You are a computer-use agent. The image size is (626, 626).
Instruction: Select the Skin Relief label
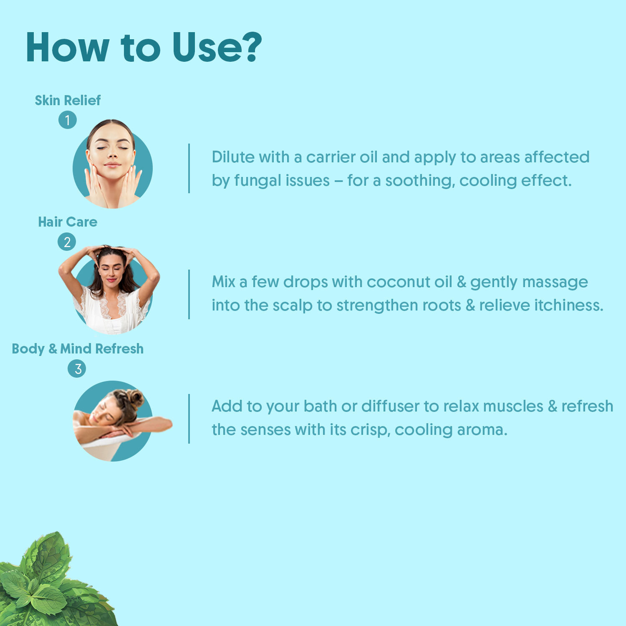68,100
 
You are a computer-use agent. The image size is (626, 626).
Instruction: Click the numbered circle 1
68,120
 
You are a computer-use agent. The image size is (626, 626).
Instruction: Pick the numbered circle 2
67,242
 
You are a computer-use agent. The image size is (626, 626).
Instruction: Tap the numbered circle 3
77,369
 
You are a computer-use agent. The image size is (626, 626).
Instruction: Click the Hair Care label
68,222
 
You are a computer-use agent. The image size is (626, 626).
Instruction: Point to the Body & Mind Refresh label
78,348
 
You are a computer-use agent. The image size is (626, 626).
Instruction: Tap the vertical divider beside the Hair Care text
189,294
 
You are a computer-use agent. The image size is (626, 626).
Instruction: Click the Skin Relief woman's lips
112,165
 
